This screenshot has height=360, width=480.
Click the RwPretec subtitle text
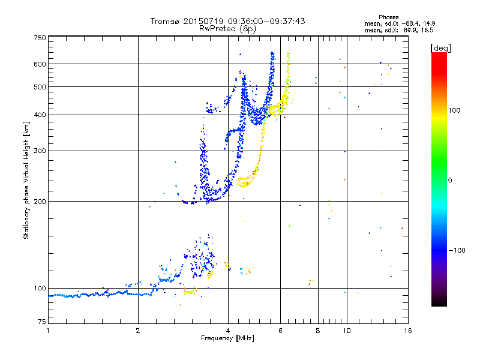(x=217, y=28)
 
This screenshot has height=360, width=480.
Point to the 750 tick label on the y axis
(x=40, y=38)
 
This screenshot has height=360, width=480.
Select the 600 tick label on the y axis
(x=40, y=64)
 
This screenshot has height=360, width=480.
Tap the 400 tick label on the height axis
(x=40, y=115)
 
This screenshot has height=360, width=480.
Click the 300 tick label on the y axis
(x=40, y=151)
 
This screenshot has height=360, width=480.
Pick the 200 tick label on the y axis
(x=40, y=202)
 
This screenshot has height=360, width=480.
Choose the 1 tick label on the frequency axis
(x=48, y=331)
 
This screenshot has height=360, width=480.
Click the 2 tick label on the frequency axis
(x=138, y=331)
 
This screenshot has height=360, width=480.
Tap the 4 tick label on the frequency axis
(x=228, y=331)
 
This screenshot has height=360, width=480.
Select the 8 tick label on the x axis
(x=318, y=331)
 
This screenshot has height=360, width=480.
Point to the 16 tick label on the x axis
(x=407, y=331)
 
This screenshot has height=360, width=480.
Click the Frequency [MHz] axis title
(x=227, y=338)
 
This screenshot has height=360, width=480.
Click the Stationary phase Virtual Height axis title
(x=26, y=180)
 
